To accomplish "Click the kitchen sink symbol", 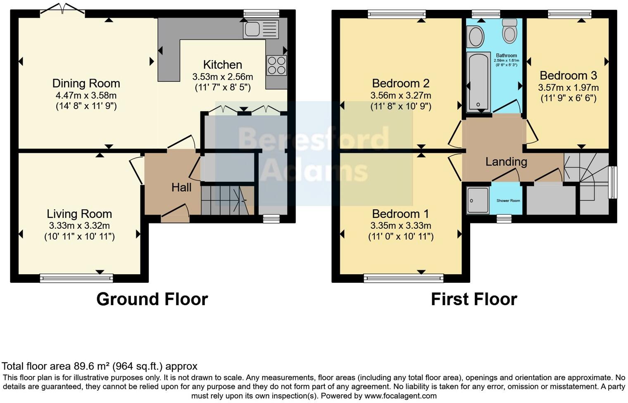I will [x=261, y=29].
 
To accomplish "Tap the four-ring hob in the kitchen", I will [x=276, y=65].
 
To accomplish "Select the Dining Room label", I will [x=86, y=83].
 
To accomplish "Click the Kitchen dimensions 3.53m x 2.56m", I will [x=222, y=77].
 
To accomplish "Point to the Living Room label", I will [x=79, y=214].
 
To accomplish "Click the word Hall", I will [x=181, y=187].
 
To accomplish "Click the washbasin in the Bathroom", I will [x=476, y=37].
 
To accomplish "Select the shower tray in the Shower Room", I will [x=477, y=200].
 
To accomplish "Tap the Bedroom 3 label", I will [x=568, y=76].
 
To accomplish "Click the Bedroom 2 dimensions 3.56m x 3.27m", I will [x=400, y=96].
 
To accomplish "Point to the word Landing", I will [x=506, y=161].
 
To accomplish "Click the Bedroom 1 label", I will [x=400, y=214].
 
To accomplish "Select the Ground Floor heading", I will [x=152, y=299].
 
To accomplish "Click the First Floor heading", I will [x=473, y=299].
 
